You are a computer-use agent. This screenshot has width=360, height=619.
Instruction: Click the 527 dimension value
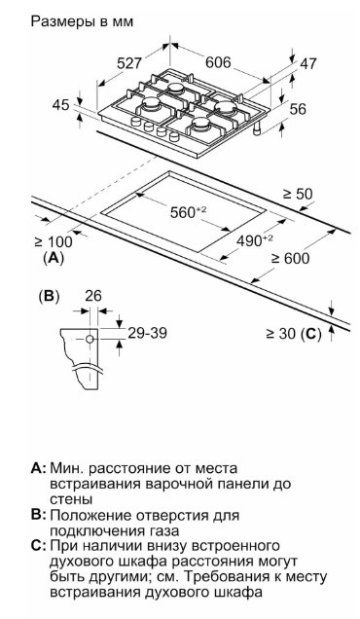coord(129,63)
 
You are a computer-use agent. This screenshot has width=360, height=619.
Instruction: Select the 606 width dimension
coord(218,62)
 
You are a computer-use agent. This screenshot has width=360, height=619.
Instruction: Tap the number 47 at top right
coord(308,63)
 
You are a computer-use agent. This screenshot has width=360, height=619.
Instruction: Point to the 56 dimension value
coord(298,109)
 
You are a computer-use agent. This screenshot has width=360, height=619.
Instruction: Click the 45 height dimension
coord(60,105)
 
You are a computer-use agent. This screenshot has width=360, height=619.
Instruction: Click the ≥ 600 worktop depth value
coord(290,258)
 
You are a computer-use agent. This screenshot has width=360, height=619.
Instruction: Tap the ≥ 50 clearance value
coord(298,194)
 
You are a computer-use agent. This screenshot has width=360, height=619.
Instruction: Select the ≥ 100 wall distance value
coord(54,241)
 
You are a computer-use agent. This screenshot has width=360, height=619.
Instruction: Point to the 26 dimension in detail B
coord(93,296)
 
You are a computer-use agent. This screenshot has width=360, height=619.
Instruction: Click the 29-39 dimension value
coord(147,333)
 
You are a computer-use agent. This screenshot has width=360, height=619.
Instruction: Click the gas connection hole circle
coord(90,339)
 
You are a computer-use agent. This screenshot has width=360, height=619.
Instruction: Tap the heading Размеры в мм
coord(82,21)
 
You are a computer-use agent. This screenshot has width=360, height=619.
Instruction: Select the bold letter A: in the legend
coord(39,468)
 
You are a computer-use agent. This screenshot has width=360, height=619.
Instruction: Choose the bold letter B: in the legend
coord(39,515)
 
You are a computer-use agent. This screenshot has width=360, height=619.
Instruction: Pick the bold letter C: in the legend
coord(39,546)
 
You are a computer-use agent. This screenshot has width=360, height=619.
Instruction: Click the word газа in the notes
coord(163,531)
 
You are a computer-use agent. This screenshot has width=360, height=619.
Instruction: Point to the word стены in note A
coord(71,500)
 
